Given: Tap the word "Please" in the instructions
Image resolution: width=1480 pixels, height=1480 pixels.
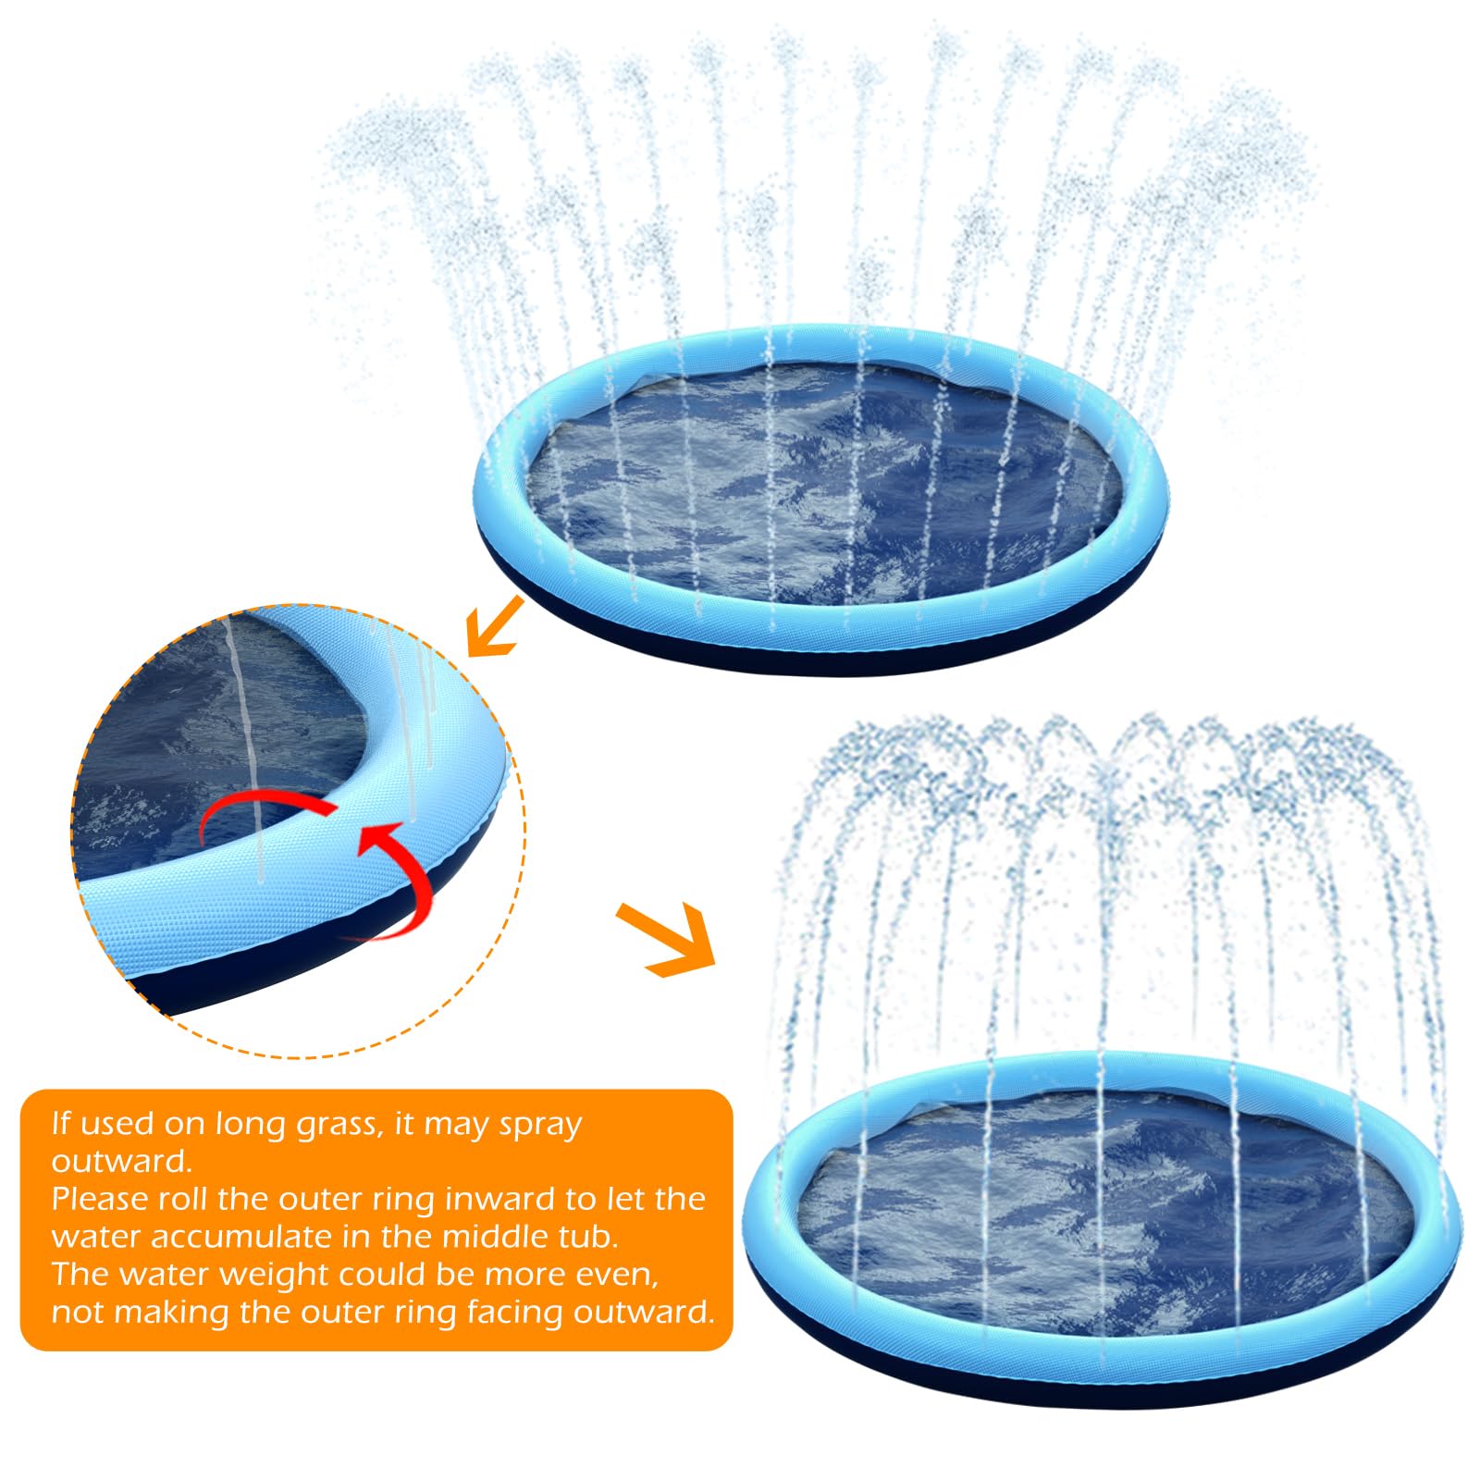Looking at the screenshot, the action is (100, 1199).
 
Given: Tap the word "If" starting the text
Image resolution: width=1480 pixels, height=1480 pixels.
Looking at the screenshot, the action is (61, 1123).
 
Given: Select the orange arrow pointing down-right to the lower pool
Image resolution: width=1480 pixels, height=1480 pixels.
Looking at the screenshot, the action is (666, 939).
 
